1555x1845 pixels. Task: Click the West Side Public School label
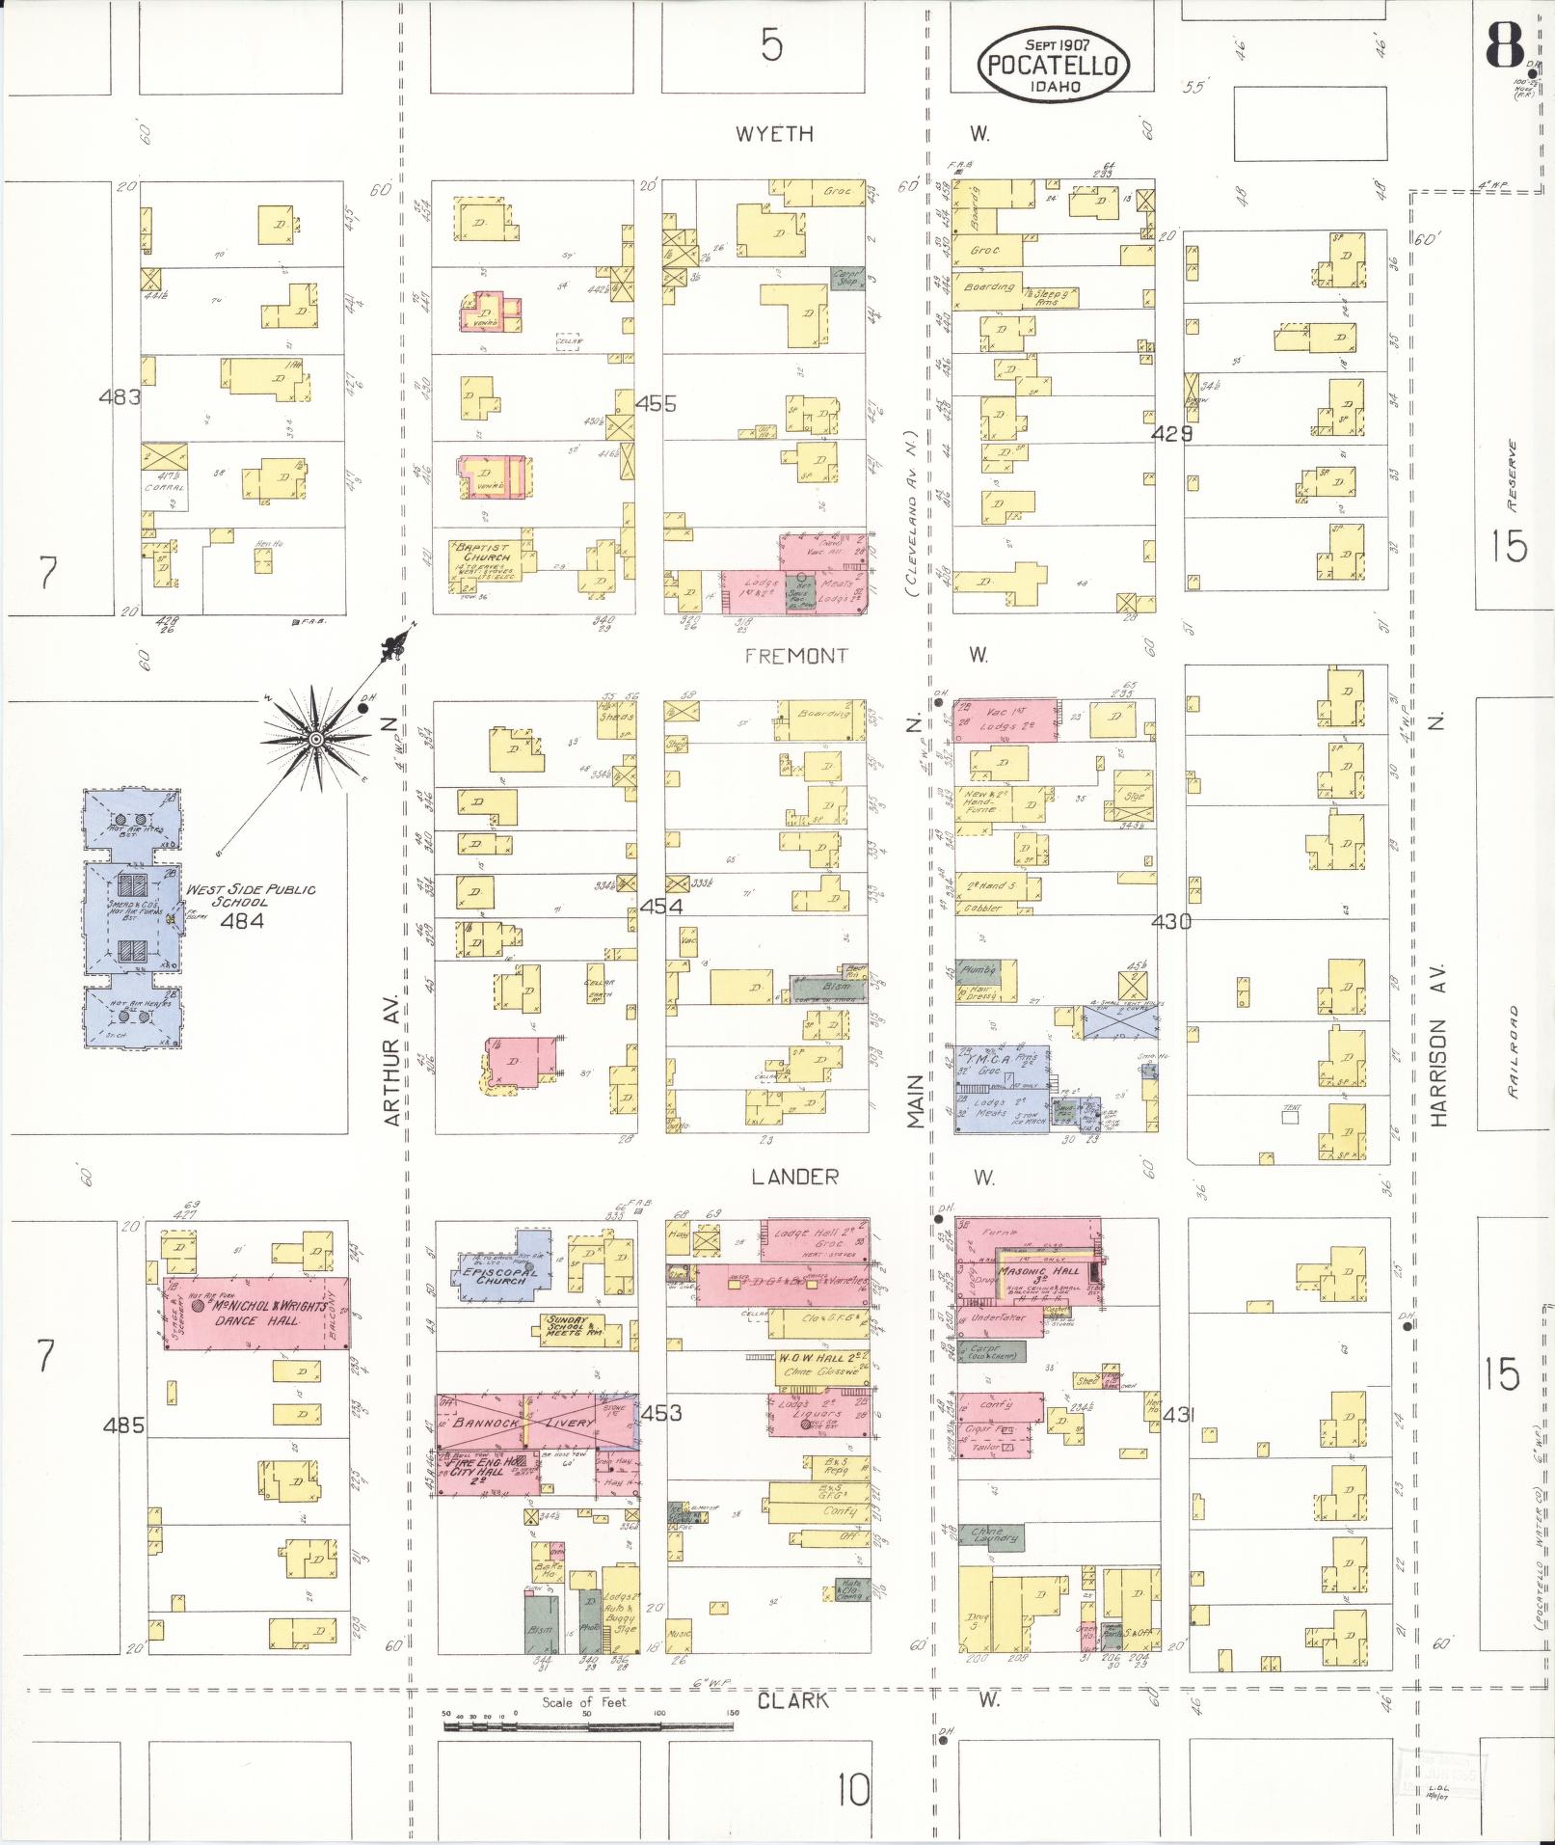pyautogui.click(x=251, y=896)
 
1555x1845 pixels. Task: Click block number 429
pyautogui.click(x=1172, y=434)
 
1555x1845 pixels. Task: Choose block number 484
pyautogui.click(x=242, y=920)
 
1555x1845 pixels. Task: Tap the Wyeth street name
pyautogui.click(x=774, y=134)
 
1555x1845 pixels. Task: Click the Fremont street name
pyautogui.click(x=796, y=656)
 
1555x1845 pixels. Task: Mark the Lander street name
pyautogui.click(x=795, y=1177)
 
